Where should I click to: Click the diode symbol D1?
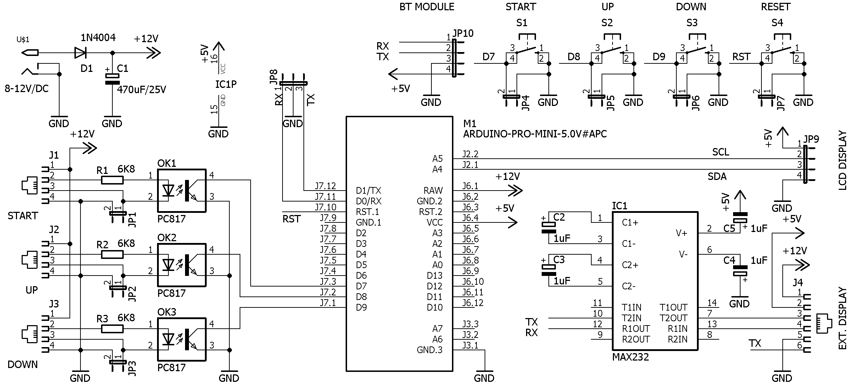[x=80, y=53]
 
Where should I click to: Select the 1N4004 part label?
[x=98, y=38]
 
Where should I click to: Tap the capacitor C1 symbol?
[x=112, y=79]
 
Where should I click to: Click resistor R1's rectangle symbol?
[x=112, y=180]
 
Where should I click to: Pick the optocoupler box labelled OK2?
[x=181, y=265]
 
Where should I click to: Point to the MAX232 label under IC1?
[x=630, y=357]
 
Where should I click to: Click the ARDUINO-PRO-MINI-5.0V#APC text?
[x=535, y=134]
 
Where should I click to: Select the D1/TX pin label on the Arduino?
[x=369, y=191]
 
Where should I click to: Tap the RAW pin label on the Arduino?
[x=433, y=191]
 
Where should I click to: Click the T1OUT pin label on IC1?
[x=673, y=307]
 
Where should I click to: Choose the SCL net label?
[x=721, y=152]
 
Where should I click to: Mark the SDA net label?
[x=717, y=176]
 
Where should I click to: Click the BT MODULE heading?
[x=427, y=7]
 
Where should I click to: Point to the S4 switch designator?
[x=777, y=23]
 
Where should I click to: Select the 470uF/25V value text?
[x=141, y=90]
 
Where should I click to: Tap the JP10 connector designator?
[x=463, y=33]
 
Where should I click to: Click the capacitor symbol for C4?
[x=740, y=271]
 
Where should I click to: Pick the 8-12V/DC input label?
[x=27, y=89]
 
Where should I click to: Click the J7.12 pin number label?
[x=325, y=186]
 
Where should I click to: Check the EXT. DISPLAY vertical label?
[x=842, y=319]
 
